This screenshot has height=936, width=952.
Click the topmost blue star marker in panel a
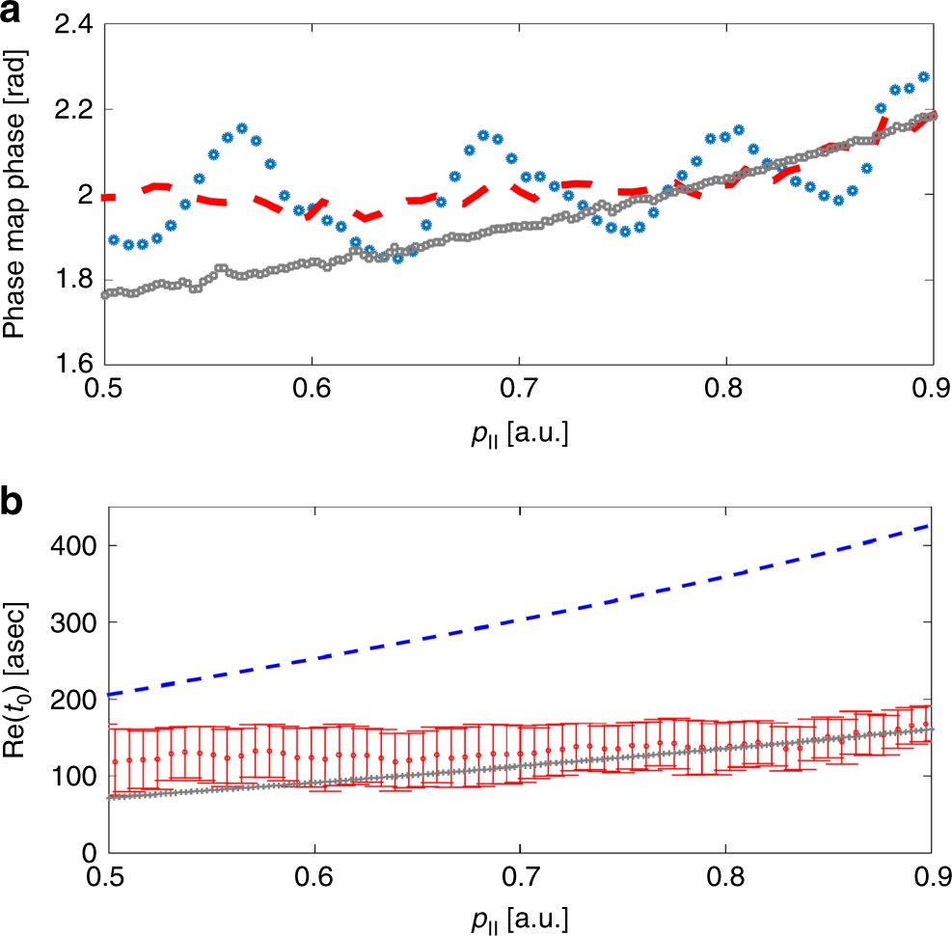click(x=923, y=76)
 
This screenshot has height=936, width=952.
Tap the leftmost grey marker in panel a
click(x=105, y=294)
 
